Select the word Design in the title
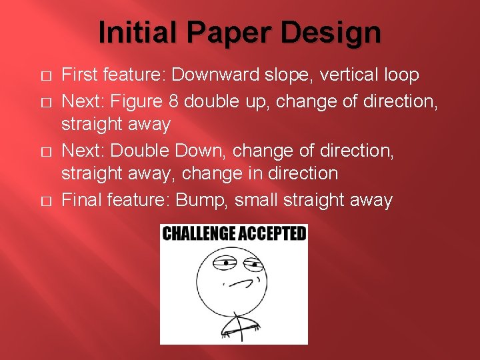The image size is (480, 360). pyautogui.click(x=341, y=32)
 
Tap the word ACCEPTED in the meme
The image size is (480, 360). pyautogui.click(x=273, y=233)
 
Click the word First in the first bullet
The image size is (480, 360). pyautogui.click(x=79, y=75)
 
